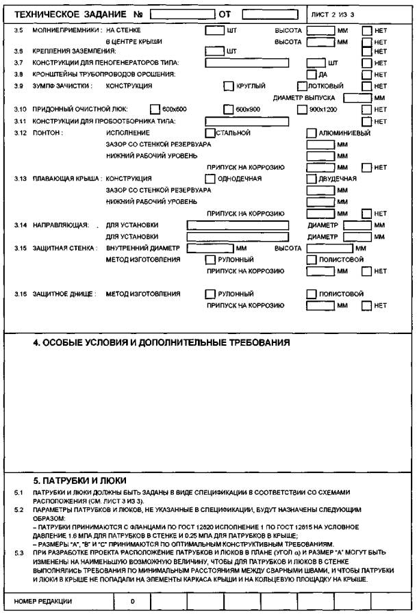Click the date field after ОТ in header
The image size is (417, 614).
(267, 14)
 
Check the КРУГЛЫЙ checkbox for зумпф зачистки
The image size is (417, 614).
(229, 86)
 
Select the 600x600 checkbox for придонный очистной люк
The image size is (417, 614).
(155, 109)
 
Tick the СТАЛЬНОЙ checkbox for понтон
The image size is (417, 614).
(210, 133)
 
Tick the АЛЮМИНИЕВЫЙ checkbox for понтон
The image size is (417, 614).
(312, 133)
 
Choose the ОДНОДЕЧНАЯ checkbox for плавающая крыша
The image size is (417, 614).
(210, 179)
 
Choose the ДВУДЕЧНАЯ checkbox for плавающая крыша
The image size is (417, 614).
(312, 179)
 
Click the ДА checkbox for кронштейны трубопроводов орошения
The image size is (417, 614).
(312, 74)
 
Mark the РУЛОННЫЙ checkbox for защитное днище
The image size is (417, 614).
(210, 294)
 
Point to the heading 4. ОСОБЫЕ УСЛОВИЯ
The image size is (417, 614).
(162, 342)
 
